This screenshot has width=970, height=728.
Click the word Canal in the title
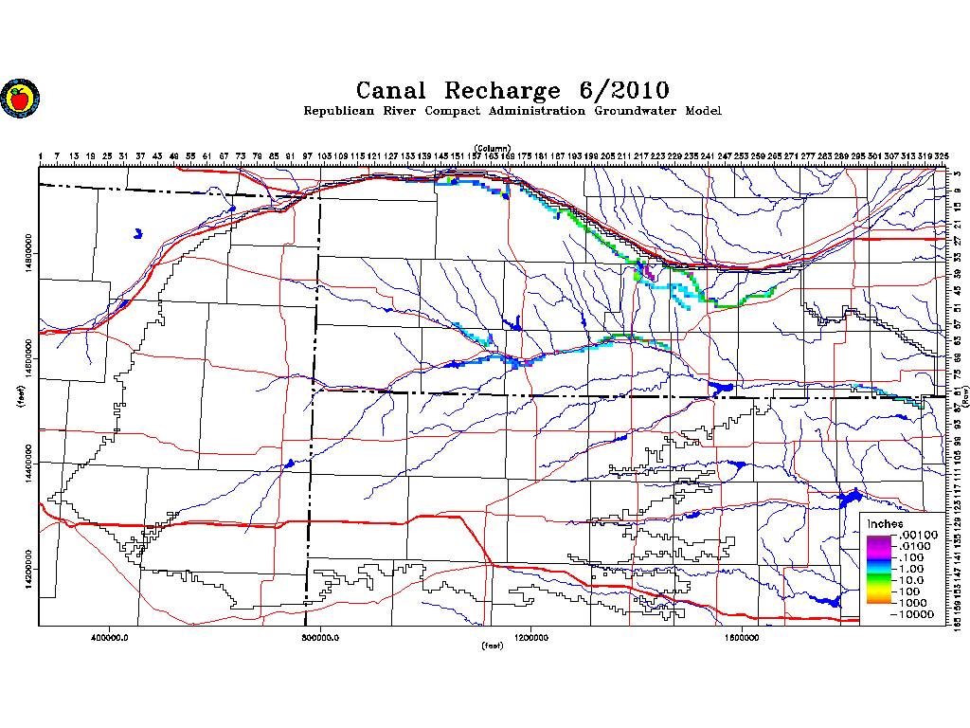[392, 91]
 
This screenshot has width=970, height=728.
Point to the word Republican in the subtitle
[337, 112]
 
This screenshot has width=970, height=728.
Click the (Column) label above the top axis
[493, 148]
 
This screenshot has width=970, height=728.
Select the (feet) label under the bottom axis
[493, 646]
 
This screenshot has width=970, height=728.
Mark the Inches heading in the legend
[885, 524]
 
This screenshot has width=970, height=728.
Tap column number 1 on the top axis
[42, 155]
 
